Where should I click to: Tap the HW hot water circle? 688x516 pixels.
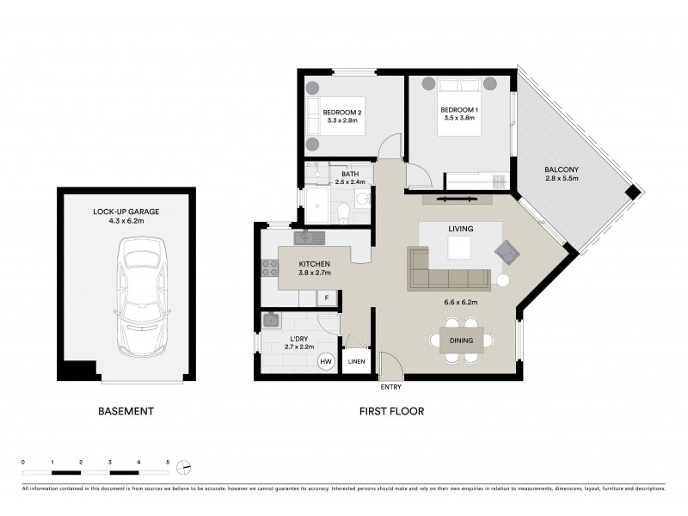coord(326,362)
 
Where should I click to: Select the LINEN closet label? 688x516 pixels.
coord(356,362)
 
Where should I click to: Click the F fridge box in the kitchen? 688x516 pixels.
coord(326,298)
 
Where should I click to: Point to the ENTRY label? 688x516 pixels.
coord(392,388)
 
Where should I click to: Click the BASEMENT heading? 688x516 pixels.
coord(126,411)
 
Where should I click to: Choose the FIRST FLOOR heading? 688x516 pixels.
coord(391,411)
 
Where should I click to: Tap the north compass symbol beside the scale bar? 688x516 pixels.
coord(182,467)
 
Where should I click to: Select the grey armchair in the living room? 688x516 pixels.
coord(507,252)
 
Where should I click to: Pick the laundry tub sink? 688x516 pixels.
coord(271,321)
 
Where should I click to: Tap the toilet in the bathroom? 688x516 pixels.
coord(342,211)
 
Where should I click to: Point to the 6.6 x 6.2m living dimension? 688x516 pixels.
coord(461,303)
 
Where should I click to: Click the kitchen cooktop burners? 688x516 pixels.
coord(266,267)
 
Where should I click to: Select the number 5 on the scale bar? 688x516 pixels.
coord(168,463)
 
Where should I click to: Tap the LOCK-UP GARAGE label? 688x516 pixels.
coord(126,211)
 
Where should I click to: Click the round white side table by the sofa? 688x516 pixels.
coord(503,279)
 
